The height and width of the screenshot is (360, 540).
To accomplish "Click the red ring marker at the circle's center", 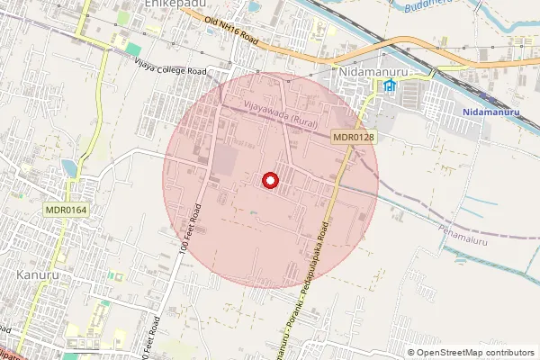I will tap(270, 181).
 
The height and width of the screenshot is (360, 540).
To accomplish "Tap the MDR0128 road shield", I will tap(353, 137).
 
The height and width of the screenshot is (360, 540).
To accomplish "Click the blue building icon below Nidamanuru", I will tap(390, 86).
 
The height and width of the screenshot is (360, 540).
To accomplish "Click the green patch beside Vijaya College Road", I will tap(132, 48).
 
